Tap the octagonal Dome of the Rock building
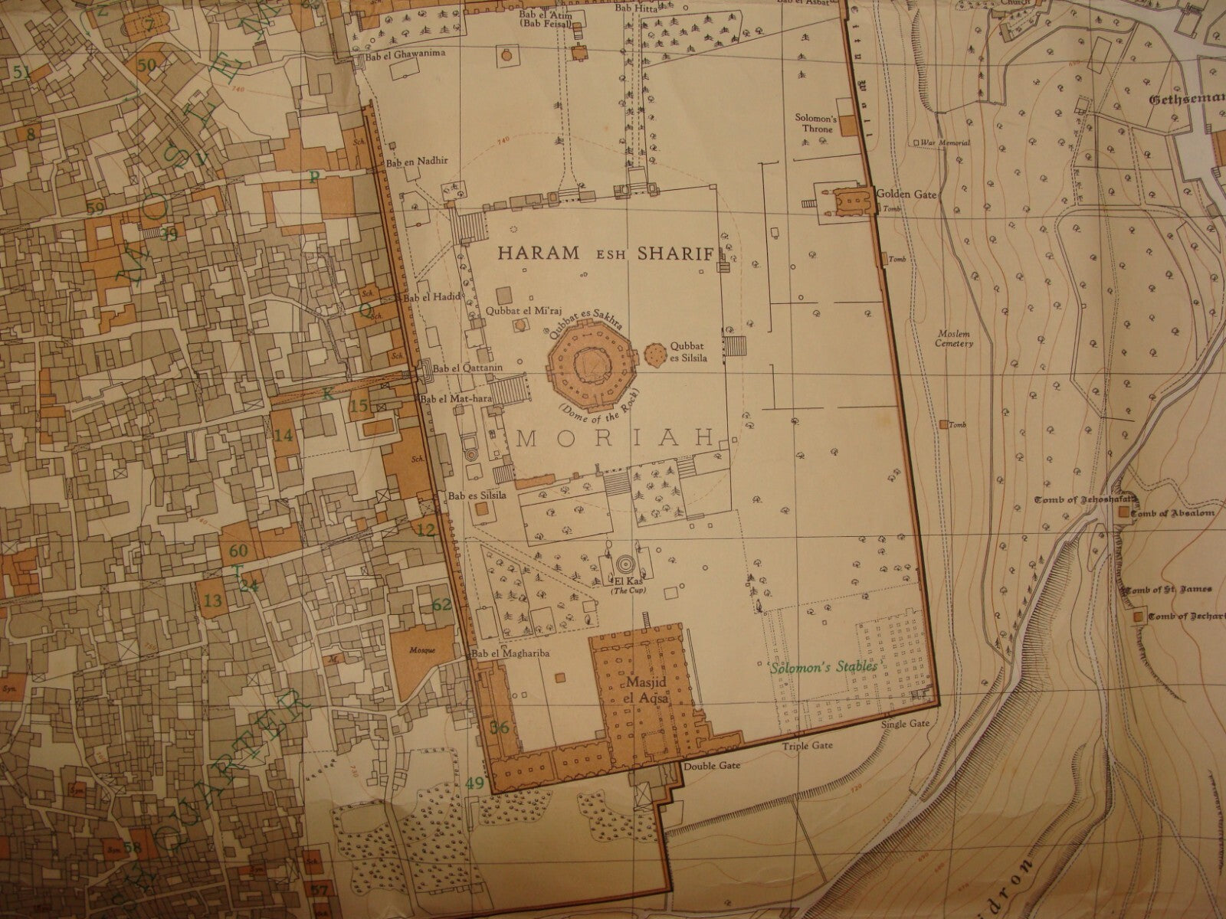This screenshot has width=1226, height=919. pos(587,361)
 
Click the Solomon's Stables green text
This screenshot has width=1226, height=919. pos(824,667)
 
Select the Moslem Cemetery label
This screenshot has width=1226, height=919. pos(954,338)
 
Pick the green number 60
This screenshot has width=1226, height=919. pos(239,550)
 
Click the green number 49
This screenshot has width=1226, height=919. pos(475,783)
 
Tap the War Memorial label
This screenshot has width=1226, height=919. pos(945,143)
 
